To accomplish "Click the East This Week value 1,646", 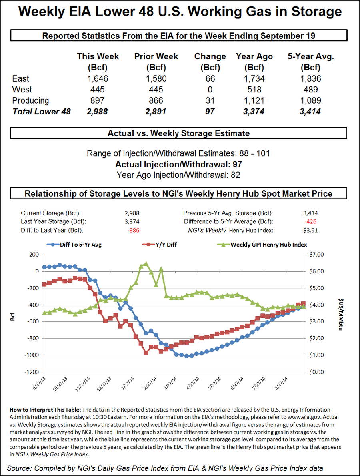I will [x=98, y=78].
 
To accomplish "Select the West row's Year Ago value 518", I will [x=254, y=89].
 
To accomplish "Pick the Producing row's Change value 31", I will [x=210, y=100].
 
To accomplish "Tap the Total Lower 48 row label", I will [x=42, y=111].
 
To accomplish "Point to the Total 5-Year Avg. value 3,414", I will [x=311, y=111].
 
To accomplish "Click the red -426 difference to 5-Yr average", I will [x=310, y=221].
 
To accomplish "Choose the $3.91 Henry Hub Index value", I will [x=310, y=230].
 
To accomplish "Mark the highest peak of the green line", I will [x=146, y=263].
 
